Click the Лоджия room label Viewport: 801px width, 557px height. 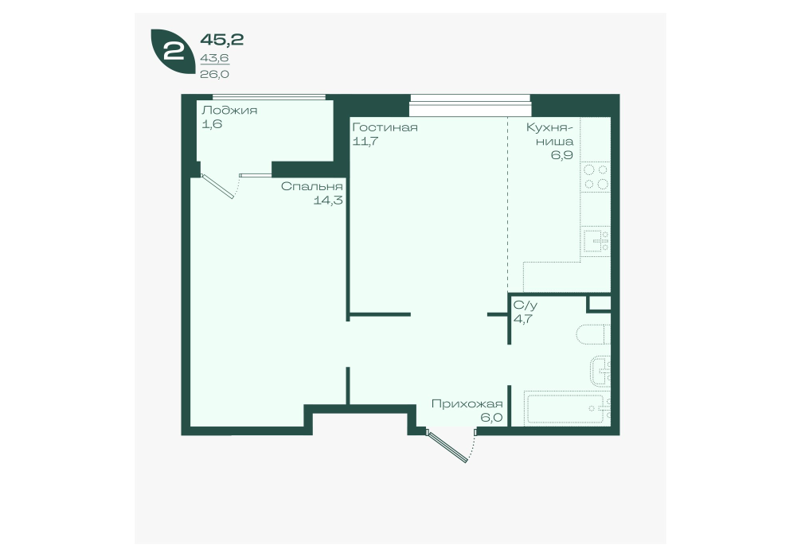(x=229, y=111)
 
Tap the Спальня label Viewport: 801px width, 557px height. (x=311, y=186)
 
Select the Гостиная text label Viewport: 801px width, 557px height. (x=385, y=127)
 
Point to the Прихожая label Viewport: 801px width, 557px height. (x=467, y=404)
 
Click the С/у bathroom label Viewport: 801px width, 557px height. (x=526, y=306)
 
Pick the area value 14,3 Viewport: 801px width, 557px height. (x=328, y=201)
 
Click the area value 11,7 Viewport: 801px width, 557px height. (x=365, y=141)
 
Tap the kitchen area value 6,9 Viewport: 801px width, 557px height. (x=561, y=154)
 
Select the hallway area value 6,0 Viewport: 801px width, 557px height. (x=491, y=418)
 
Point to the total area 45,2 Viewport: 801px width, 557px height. (x=221, y=39)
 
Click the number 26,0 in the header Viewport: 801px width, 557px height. (x=214, y=74)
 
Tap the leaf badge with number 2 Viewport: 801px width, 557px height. (x=173, y=52)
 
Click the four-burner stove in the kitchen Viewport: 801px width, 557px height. (x=596, y=177)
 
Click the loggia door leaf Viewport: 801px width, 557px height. (x=217, y=186)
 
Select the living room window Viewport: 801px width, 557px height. (x=471, y=106)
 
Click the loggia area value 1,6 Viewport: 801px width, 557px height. (x=212, y=124)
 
